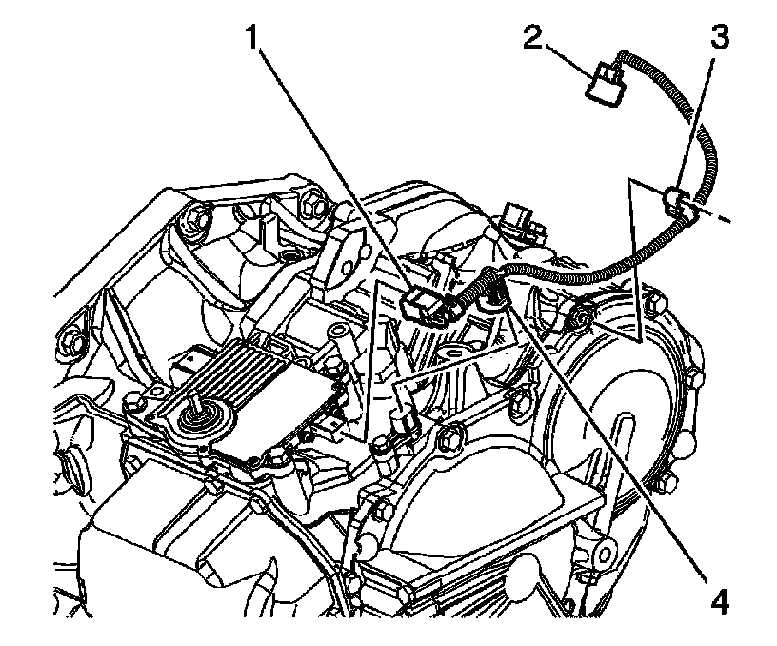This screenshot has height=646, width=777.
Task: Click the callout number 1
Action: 251,37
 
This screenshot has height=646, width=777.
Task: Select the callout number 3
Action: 718,38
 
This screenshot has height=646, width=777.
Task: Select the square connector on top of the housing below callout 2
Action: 517,215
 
